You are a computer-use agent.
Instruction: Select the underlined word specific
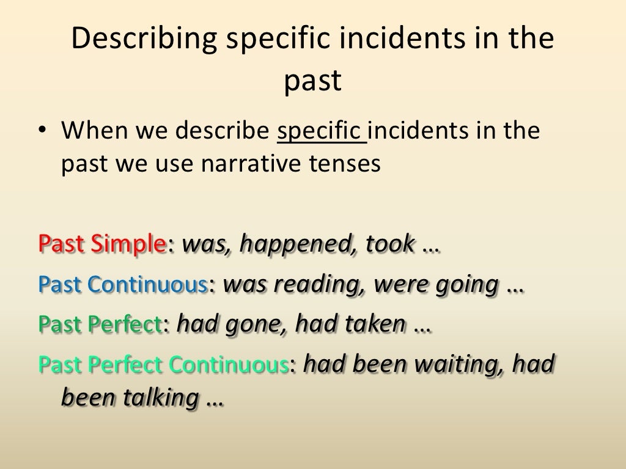pyautogui.click(x=322, y=132)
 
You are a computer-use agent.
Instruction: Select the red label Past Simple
pyautogui.click(x=102, y=244)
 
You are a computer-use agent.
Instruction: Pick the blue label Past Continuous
pyautogui.click(x=122, y=285)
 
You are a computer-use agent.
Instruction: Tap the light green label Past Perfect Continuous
pyautogui.click(x=163, y=365)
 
